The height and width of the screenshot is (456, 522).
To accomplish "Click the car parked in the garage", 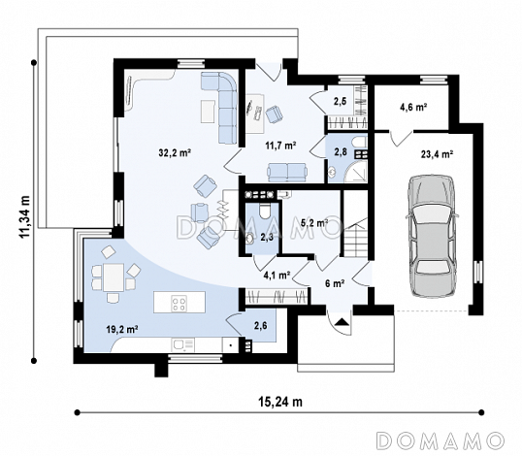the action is [432, 236].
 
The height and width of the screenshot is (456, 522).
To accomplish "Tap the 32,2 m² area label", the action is [175, 152].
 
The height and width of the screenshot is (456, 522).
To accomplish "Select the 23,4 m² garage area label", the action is [438, 154].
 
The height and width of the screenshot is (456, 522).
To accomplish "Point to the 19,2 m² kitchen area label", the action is [122, 330].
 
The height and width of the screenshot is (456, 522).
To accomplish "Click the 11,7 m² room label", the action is [281, 146].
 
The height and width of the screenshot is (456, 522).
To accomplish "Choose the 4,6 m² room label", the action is [413, 107].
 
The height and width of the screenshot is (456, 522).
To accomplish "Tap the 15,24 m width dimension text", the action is [280, 402].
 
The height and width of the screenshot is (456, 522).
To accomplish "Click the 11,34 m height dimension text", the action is [24, 216].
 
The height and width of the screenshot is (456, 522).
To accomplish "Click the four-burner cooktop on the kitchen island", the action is [179, 304].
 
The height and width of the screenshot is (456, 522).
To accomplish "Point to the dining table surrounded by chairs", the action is [114, 277].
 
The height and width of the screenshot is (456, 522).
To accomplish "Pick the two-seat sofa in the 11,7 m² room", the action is [287, 172].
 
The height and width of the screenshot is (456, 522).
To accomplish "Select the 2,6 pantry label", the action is [260, 325].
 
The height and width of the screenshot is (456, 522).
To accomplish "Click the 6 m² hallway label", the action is [335, 283].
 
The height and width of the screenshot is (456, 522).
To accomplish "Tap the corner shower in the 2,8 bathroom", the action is [355, 172].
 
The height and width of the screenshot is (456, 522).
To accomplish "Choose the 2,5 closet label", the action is [340, 101].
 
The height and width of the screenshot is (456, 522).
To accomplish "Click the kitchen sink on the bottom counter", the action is [182, 345].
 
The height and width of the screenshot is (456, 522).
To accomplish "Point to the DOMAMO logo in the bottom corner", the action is [440, 440].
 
